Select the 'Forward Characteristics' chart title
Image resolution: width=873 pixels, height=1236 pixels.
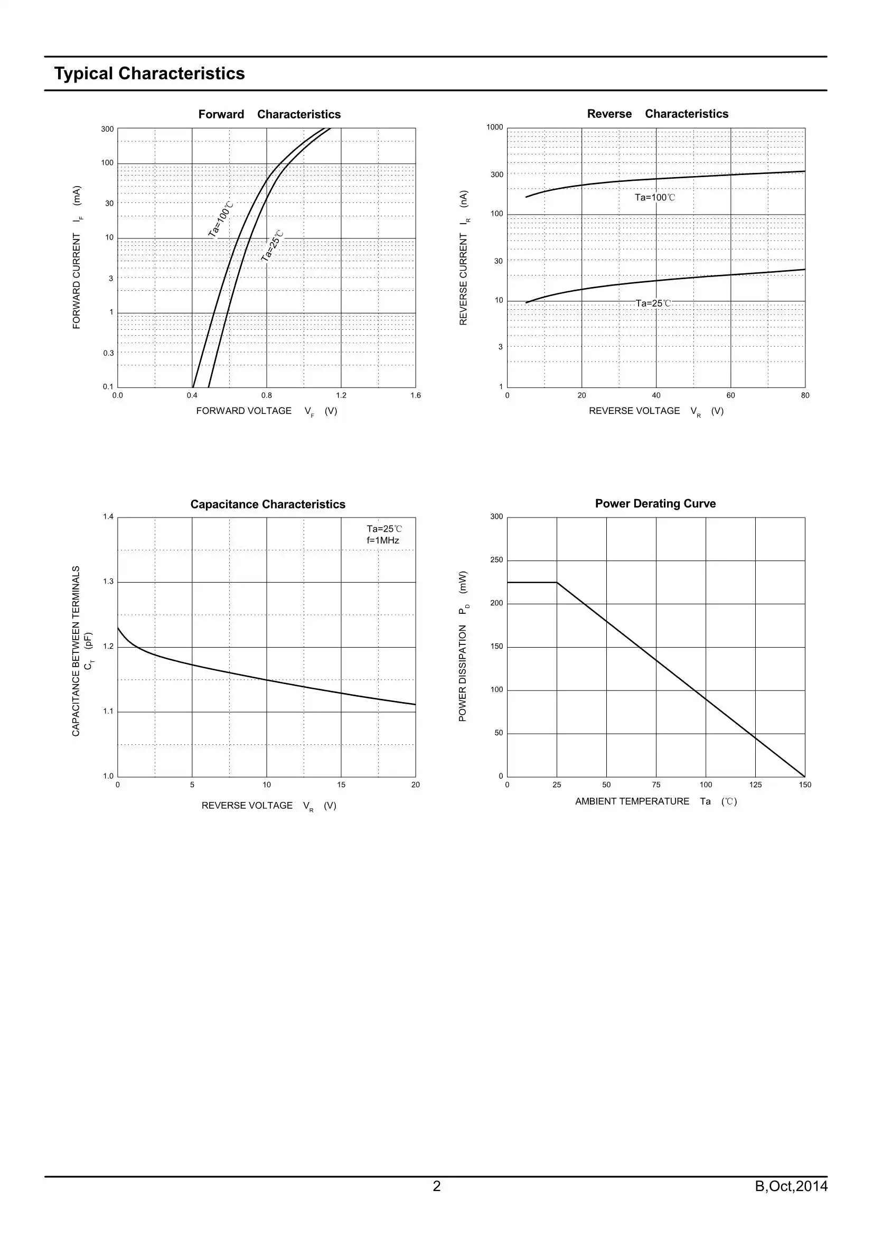pyautogui.click(x=269, y=114)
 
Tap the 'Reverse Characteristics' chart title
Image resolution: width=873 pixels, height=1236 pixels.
pyautogui.click(x=658, y=114)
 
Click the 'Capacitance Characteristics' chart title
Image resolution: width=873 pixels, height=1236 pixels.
pyautogui.click(x=267, y=504)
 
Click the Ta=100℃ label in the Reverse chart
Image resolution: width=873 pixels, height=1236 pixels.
pyautogui.click(x=654, y=198)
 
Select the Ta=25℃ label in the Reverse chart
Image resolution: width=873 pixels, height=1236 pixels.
pyautogui.click(x=653, y=303)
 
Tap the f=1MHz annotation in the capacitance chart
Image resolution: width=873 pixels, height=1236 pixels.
pyautogui.click(x=382, y=540)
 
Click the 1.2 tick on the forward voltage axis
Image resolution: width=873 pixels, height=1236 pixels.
pyautogui.click(x=341, y=395)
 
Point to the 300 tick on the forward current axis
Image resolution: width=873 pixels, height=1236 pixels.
pyautogui.click(x=107, y=129)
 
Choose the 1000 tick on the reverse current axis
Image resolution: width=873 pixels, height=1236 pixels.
pyautogui.click(x=494, y=127)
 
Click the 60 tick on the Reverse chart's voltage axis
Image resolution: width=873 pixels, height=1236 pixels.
pyautogui.click(x=730, y=395)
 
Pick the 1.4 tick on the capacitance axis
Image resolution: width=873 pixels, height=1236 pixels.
pyautogui.click(x=108, y=518)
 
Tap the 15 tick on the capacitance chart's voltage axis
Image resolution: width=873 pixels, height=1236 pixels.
pyautogui.click(x=341, y=785)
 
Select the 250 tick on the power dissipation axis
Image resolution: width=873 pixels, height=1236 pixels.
pyautogui.click(x=496, y=560)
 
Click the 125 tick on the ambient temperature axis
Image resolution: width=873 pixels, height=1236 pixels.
pyautogui.click(x=755, y=785)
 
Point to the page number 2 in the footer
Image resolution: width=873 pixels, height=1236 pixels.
pyautogui.click(x=436, y=1186)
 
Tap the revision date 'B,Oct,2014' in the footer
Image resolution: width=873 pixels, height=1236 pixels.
pyautogui.click(x=791, y=1186)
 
